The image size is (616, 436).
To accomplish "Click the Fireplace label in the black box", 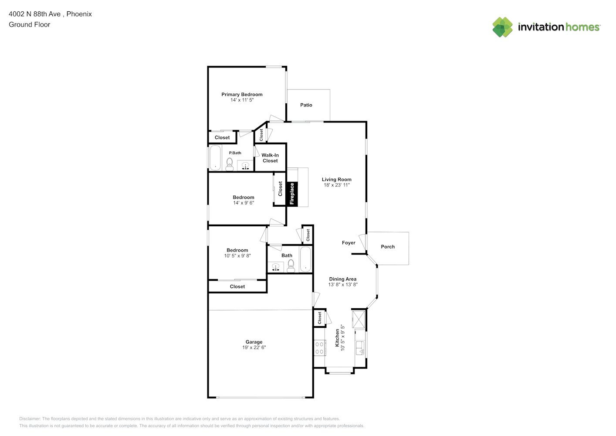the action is tap(292, 194).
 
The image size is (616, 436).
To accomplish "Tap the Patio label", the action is tap(306, 105).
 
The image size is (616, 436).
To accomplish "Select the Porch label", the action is tap(388, 247).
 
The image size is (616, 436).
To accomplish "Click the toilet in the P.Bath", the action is tap(229, 164).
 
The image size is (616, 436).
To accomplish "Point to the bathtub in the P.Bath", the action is tap(215, 158).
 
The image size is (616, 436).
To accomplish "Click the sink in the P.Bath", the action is tap(245, 166).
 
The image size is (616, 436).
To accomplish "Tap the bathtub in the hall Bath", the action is tap(305, 259).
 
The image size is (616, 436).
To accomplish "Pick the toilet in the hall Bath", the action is tap(291, 266).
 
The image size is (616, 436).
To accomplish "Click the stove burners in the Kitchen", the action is tap(320, 348).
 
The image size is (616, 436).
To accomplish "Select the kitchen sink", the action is tap(360, 348).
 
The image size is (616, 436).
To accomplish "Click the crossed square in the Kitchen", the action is tap(359, 319).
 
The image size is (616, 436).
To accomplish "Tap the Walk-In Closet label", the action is tap(270, 158).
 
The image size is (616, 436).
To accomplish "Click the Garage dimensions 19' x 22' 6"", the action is tap(254, 347).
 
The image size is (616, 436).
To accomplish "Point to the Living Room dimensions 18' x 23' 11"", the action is tap(337, 185).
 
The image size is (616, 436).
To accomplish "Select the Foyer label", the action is tap(349, 243).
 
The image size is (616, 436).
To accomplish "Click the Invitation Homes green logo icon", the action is tap(502, 27).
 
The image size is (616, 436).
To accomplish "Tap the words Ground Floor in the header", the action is tap(30, 24).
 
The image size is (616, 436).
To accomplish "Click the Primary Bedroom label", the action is tap(242, 95).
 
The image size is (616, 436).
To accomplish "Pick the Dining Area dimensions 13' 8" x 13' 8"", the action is tap(343, 285).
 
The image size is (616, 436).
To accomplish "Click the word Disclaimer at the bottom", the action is tap(30, 419).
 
